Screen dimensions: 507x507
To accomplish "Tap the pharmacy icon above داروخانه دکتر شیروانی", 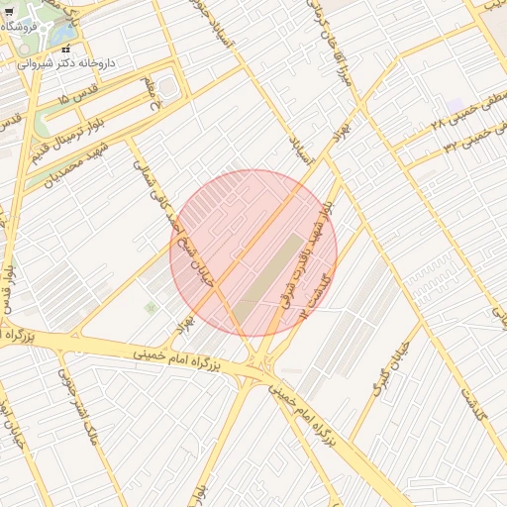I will (65, 47).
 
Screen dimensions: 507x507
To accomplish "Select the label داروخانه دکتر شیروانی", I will (67, 61).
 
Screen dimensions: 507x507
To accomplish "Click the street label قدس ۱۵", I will (78, 100).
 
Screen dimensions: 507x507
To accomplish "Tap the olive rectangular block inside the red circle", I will (269, 267).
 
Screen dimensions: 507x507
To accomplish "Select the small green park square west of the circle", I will (151, 308).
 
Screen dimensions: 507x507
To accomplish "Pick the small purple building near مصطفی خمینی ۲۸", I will (455, 105).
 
